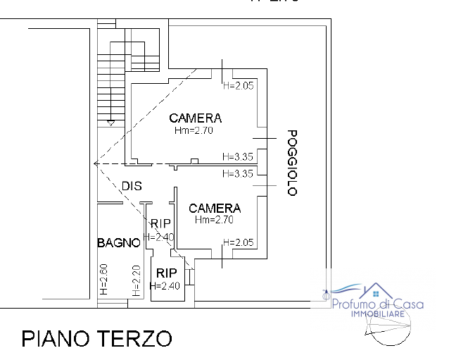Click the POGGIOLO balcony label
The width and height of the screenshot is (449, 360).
[293, 163]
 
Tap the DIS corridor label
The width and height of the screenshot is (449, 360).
[132, 186]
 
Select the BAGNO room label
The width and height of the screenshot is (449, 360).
[118, 243]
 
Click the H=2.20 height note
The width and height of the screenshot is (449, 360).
[136, 279]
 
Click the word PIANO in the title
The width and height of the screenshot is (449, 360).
[63, 338]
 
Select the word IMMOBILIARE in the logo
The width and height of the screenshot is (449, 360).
[378, 313]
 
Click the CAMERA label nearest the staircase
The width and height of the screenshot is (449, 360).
[195, 118]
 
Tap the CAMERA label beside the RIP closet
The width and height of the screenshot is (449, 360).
[215, 208]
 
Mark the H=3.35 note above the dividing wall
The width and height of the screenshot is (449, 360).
[236, 156]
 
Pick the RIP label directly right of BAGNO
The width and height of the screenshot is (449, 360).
[161, 224]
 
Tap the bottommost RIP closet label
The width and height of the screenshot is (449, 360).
[166, 273]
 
